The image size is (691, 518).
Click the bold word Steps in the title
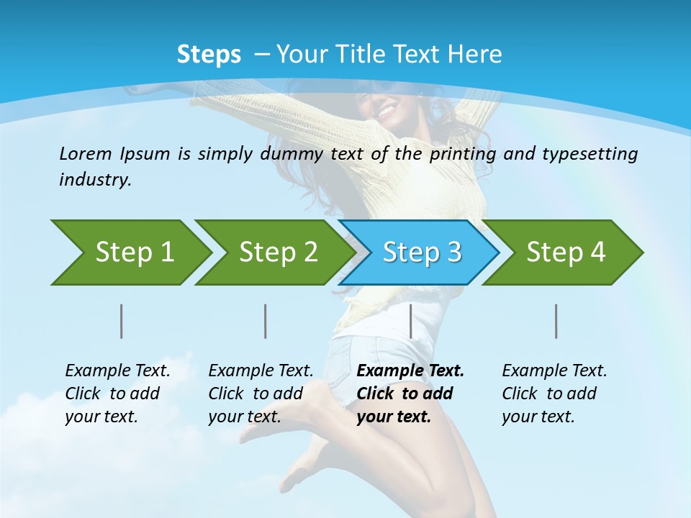click(x=209, y=55)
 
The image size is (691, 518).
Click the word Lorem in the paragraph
click(x=85, y=153)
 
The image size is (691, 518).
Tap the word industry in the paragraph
click(x=94, y=179)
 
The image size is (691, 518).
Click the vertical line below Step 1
click(x=122, y=321)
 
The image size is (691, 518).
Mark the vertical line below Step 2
click(x=266, y=321)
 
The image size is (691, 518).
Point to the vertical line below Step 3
click(x=410, y=321)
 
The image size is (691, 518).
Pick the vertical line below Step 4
click(x=556, y=321)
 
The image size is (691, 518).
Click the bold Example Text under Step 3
click(x=410, y=371)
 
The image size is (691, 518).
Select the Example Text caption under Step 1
click(x=117, y=371)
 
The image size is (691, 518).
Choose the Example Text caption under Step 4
click(x=554, y=371)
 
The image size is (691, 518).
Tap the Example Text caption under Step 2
click(x=261, y=371)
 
